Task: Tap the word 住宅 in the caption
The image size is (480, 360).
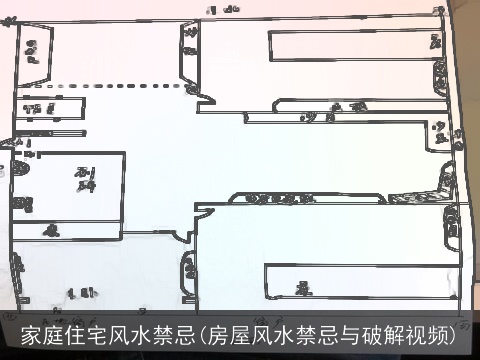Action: (x=82, y=335)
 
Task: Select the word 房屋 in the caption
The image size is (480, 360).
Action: (x=234, y=335)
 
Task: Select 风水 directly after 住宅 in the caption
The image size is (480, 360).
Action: (x=131, y=335)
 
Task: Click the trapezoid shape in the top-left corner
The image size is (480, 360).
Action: (x=35, y=56)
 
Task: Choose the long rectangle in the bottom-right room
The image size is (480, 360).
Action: (x=355, y=280)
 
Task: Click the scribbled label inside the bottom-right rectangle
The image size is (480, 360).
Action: (x=299, y=285)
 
